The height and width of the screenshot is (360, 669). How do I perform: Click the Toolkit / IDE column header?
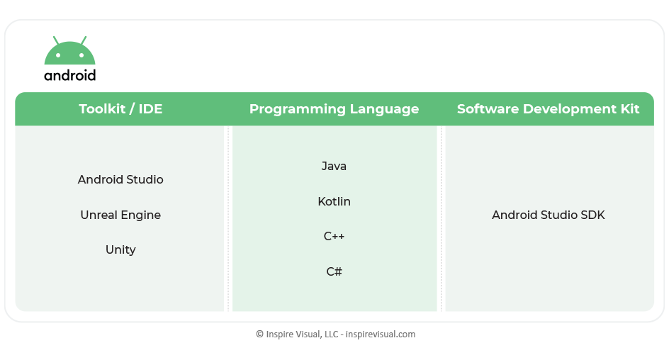120,108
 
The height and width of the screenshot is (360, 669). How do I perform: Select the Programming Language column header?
334,109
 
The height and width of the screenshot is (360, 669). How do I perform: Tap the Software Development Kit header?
549,108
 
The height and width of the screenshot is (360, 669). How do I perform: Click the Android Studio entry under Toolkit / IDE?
120,179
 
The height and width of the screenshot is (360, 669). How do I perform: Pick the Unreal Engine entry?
120,215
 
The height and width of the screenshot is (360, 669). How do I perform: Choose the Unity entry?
120,249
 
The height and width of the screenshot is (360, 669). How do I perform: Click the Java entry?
334,166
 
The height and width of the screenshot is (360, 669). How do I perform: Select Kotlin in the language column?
334,201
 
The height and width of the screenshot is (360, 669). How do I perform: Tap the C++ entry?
334,236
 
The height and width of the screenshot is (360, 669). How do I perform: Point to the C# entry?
334,271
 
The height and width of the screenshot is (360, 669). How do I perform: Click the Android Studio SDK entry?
549,215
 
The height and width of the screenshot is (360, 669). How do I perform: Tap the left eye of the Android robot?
58,55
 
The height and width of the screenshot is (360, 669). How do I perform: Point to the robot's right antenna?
84,40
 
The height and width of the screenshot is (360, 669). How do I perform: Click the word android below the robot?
70,75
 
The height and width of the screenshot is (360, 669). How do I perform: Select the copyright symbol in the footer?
259,334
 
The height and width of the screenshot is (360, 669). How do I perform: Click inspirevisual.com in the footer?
380,334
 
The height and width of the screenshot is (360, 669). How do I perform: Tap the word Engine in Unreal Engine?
140,215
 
